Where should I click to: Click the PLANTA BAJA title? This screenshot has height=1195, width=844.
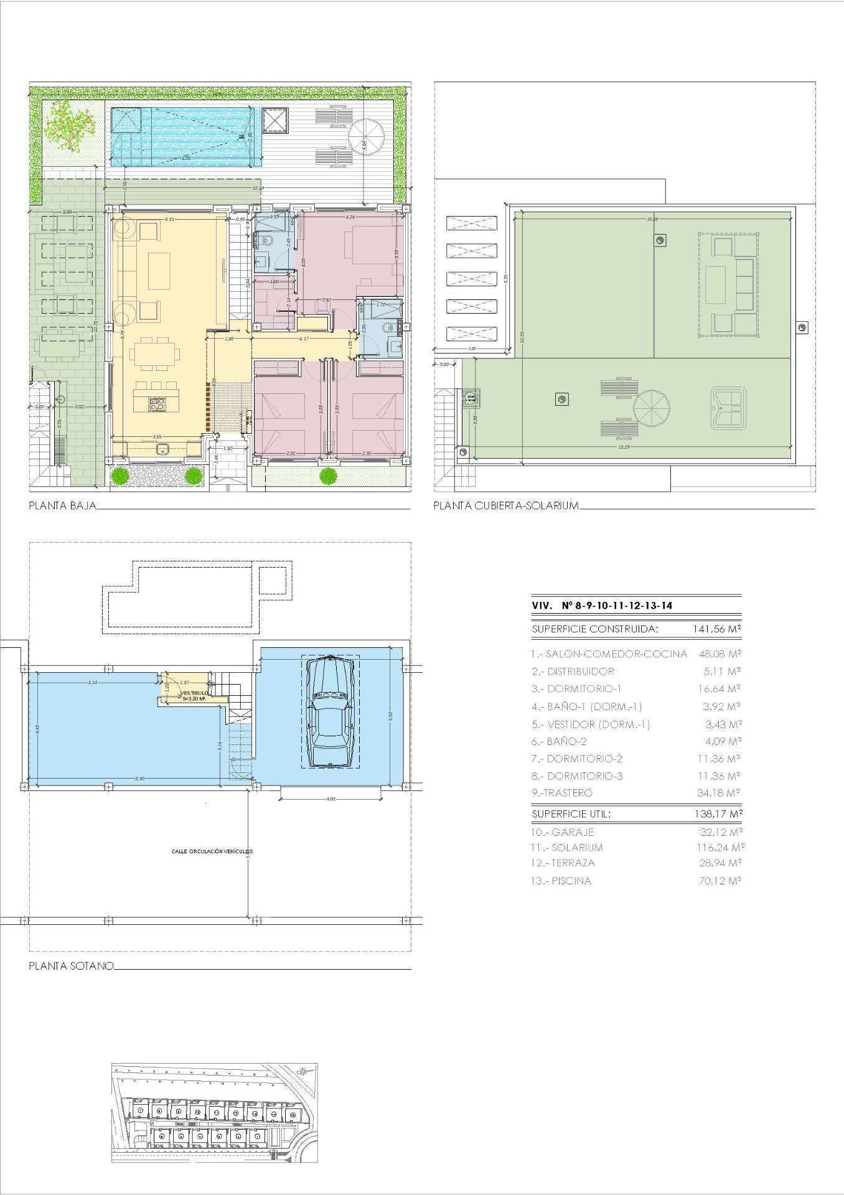62,505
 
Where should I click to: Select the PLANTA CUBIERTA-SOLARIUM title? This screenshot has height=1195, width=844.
506,505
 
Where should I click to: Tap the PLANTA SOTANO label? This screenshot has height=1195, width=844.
71,965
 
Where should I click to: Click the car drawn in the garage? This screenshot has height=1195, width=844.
331,711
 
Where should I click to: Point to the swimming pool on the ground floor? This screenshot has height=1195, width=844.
184,136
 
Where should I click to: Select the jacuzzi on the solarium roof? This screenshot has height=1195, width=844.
728,408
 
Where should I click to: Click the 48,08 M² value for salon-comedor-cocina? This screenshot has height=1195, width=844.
716,654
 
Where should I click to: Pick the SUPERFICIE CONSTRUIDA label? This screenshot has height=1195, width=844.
594,629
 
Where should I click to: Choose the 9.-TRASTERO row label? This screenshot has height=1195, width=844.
562,793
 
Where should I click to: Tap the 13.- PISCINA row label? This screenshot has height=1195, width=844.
561,881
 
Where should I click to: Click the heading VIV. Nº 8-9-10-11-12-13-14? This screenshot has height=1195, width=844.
602,605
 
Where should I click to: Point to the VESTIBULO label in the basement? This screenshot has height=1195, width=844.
195,692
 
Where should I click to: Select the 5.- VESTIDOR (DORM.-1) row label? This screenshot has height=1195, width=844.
591,724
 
